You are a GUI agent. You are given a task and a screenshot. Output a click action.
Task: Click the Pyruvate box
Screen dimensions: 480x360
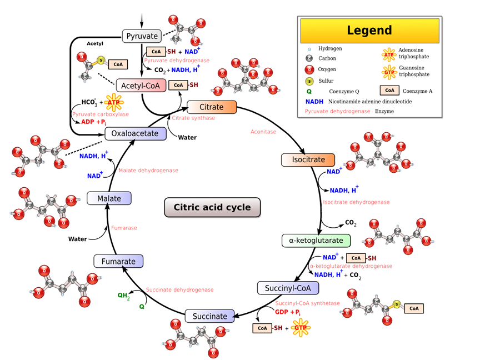coord(142,36)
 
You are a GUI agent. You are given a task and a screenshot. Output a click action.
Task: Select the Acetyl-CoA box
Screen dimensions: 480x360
coord(141,86)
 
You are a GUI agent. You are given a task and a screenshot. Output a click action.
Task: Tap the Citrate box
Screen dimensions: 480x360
coord(212,107)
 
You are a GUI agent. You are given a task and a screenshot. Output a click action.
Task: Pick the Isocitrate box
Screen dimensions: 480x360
coord(308,160)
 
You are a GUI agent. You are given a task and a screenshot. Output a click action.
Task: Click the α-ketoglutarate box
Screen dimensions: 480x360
coord(316,241)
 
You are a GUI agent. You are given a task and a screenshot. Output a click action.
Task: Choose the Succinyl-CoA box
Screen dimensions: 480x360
coord(288,288)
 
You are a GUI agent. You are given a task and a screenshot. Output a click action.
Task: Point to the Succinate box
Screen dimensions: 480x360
coord(209,316)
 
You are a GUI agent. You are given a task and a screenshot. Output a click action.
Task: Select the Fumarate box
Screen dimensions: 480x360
coord(118,261)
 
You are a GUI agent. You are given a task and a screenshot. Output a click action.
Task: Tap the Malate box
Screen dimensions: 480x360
coord(109,198)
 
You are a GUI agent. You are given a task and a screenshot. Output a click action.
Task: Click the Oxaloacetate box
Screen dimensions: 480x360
coord(136,133)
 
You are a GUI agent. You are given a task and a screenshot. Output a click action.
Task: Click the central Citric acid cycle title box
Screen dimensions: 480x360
coord(212,207)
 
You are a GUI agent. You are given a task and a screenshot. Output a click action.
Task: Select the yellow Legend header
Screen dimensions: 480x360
coord(369,31)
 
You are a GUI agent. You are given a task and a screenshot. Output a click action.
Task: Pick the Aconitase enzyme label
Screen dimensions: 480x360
coord(263,132)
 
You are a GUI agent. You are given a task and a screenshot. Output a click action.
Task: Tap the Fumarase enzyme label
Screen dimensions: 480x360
coord(124,228)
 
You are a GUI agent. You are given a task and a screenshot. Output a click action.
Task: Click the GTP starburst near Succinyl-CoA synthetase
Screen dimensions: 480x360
coord(301,328)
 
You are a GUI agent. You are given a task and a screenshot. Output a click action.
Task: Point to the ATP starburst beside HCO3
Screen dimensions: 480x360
coord(114,102)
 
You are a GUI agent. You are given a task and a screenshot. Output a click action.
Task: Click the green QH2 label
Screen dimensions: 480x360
coord(124,296)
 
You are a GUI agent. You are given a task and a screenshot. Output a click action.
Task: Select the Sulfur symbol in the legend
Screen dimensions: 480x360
coord(309,81)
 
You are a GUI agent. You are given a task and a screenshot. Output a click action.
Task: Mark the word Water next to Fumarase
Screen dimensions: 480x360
coord(77,239)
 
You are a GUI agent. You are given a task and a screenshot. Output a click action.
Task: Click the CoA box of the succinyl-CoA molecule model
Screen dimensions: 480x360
coord(414,308)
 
